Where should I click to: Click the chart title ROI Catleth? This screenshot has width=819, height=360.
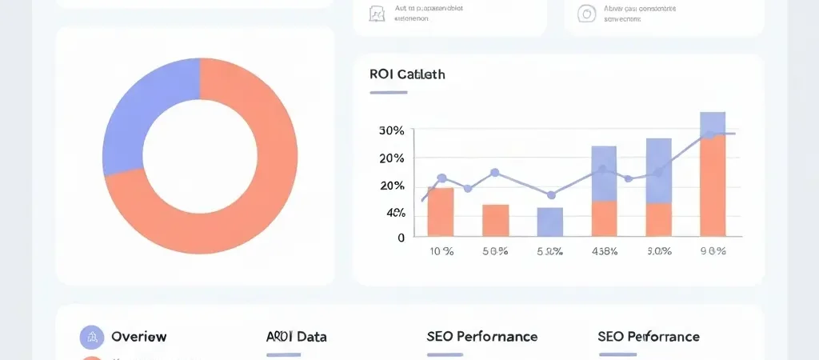pyautogui.click(x=407, y=74)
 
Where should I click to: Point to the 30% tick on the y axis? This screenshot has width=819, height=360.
pyautogui.click(x=391, y=130)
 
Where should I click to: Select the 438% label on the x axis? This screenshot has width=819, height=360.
pyautogui.click(x=604, y=251)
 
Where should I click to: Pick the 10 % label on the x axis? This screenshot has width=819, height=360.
pyautogui.click(x=441, y=251)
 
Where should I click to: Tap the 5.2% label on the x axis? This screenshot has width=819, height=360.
pyautogui.click(x=549, y=251)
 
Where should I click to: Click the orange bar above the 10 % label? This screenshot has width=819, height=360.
pyautogui.click(x=441, y=212)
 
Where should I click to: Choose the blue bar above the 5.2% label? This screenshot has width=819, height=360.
pyautogui.click(x=549, y=222)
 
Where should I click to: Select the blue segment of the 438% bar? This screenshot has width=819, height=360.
pyautogui.click(x=604, y=173)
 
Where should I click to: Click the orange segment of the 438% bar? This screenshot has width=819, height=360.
pyautogui.click(x=604, y=218)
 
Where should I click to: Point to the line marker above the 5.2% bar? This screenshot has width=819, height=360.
pyautogui.click(x=550, y=194)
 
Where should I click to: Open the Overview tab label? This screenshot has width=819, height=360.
pyautogui.click(x=138, y=337)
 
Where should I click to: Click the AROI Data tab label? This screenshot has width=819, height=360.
pyautogui.click(x=296, y=337)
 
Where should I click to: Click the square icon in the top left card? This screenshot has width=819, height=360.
pyautogui.click(x=378, y=14)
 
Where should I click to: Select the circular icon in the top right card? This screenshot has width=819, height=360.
pyautogui.click(x=587, y=14)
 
